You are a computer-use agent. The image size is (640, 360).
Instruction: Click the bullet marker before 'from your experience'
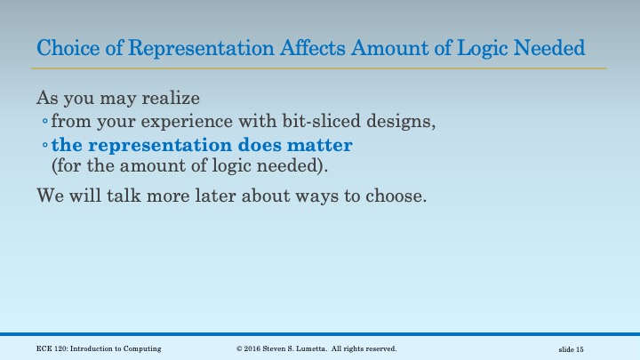[44, 122]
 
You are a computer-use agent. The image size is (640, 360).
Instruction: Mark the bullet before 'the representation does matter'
[44, 145]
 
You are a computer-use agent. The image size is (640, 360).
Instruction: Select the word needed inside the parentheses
[264, 165]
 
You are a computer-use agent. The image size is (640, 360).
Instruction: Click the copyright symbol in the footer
[240, 348]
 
